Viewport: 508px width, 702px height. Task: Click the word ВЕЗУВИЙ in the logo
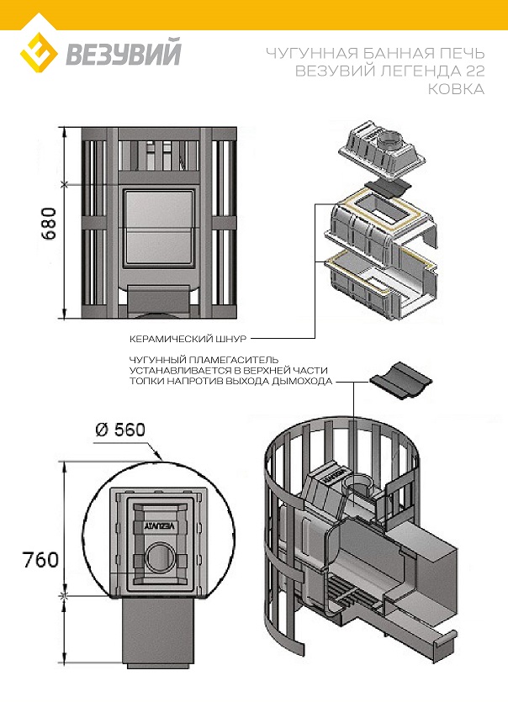pyautogui.click(x=123, y=55)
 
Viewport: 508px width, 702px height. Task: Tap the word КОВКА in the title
pyautogui.click(x=457, y=88)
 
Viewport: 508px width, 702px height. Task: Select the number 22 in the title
pyautogui.click(x=472, y=71)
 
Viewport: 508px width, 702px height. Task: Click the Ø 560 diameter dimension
pyautogui.click(x=120, y=429)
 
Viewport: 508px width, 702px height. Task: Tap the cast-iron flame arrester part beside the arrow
pyautogui.click(x=395, y=377)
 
